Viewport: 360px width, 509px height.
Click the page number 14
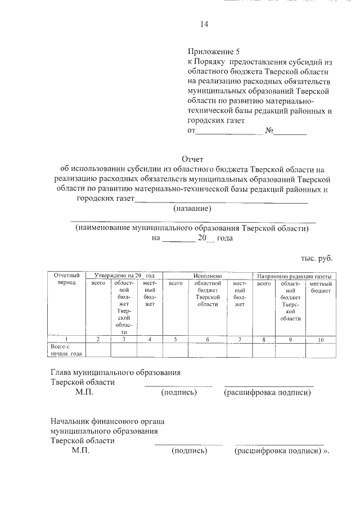tap(204, 24)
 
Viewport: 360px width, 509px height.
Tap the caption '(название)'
tap(192, 209)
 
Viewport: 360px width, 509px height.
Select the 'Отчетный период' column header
tap(66, 280)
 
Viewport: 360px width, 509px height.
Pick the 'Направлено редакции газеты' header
tap(294, 277)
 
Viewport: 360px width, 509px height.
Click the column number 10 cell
tap(321, 339)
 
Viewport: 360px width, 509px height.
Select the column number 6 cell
tap(207, 339)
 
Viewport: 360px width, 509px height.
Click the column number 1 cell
tap(66, 339)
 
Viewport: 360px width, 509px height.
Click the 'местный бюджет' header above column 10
tap(321, 287)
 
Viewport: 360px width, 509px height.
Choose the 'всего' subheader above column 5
tap(176, 284)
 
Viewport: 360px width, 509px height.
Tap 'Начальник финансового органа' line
tap(107, 421)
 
